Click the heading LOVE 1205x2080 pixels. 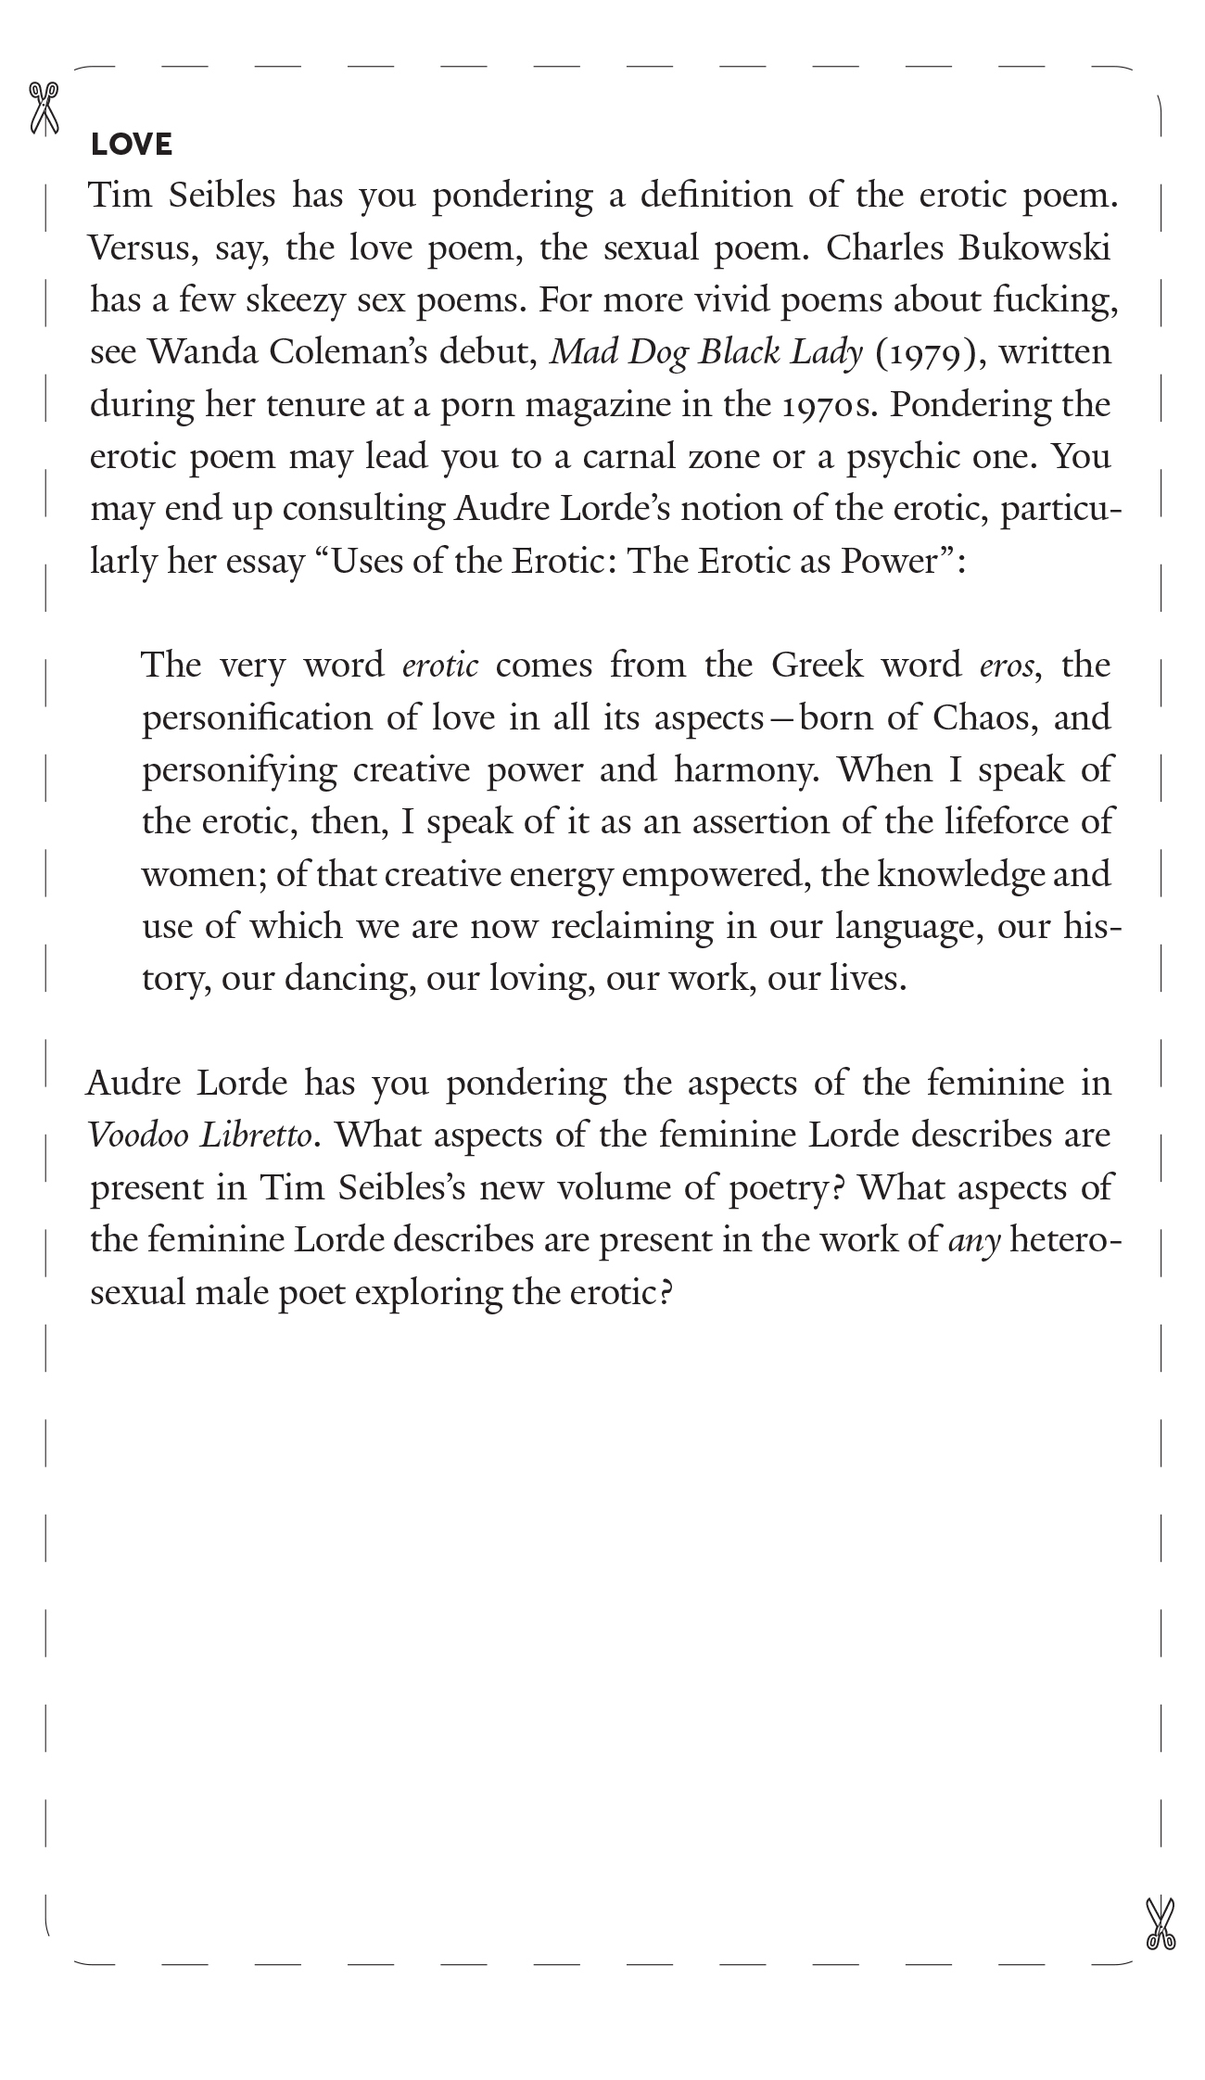pos(132,145)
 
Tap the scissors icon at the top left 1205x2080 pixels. pos(44,108)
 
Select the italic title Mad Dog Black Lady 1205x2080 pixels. pos(706,353)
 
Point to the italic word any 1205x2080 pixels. pos(975,1240)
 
